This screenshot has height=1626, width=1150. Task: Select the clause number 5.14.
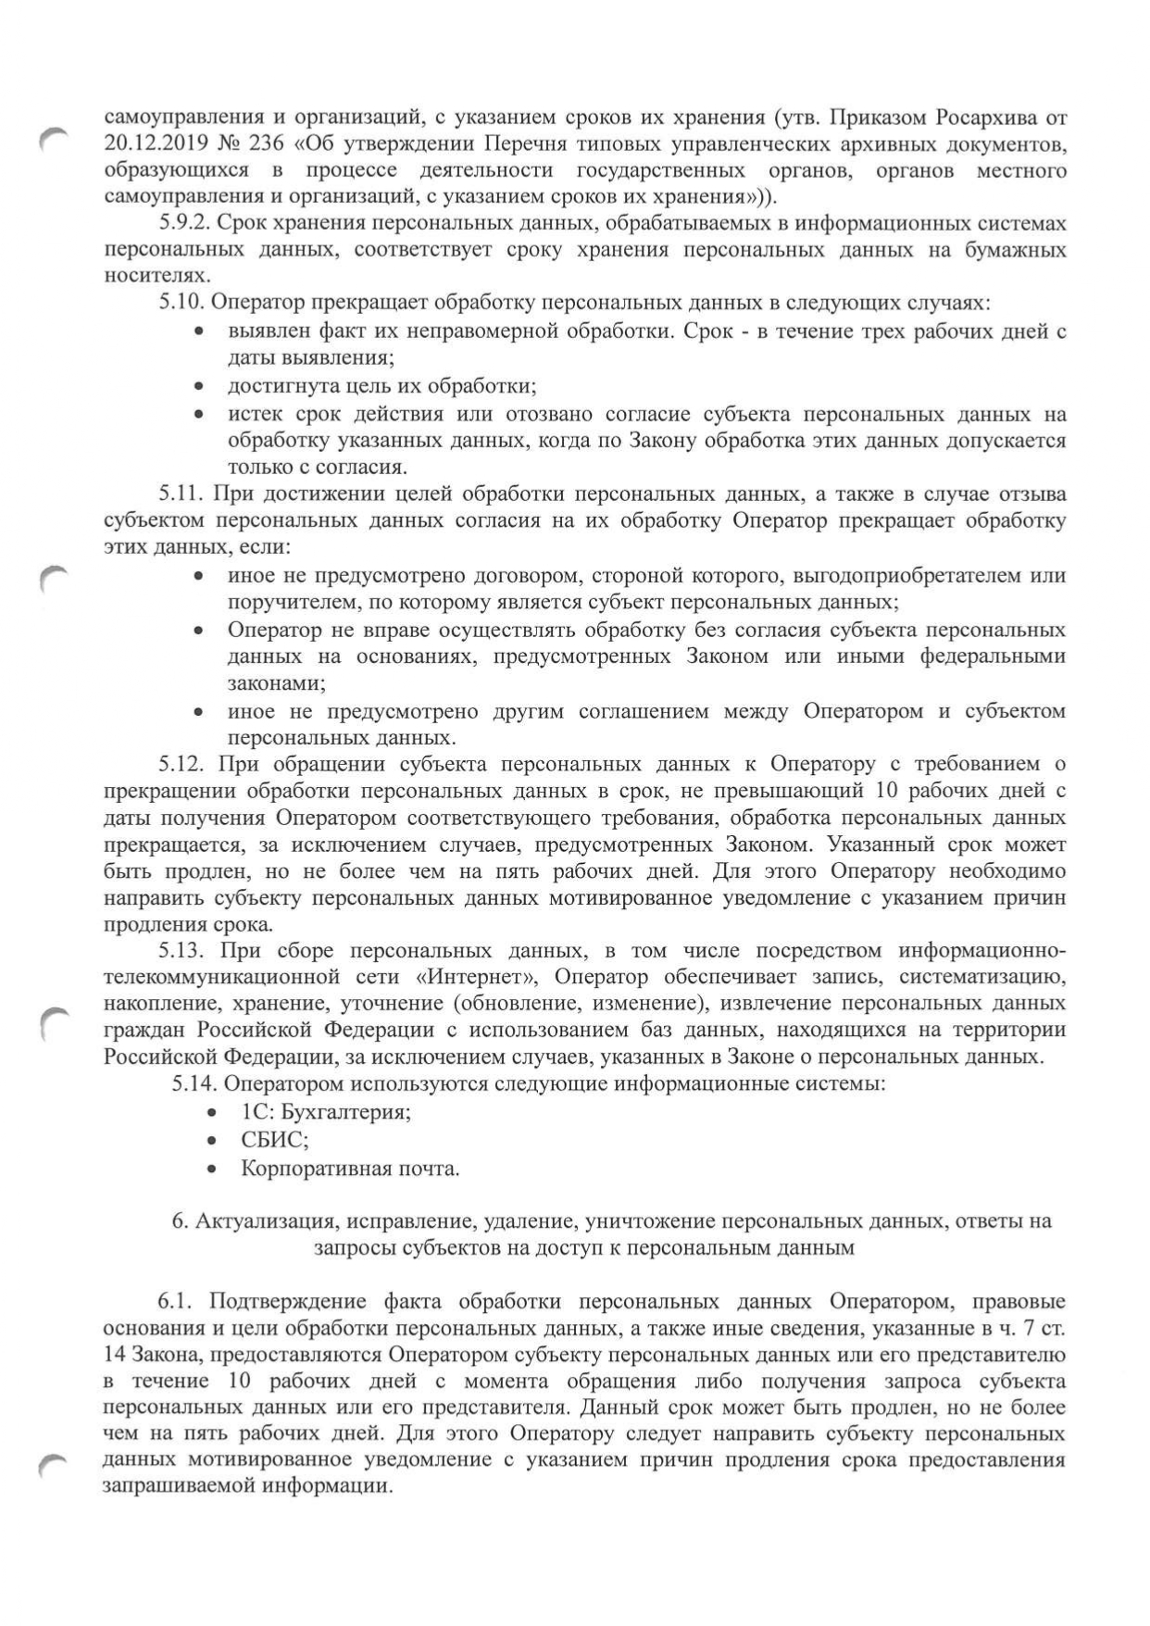194,1082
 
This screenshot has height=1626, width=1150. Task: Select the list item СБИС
274,1140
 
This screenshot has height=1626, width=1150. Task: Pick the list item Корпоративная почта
350,1169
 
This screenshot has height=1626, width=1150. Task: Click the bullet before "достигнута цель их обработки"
199,386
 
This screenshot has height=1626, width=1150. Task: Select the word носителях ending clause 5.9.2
156,276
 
